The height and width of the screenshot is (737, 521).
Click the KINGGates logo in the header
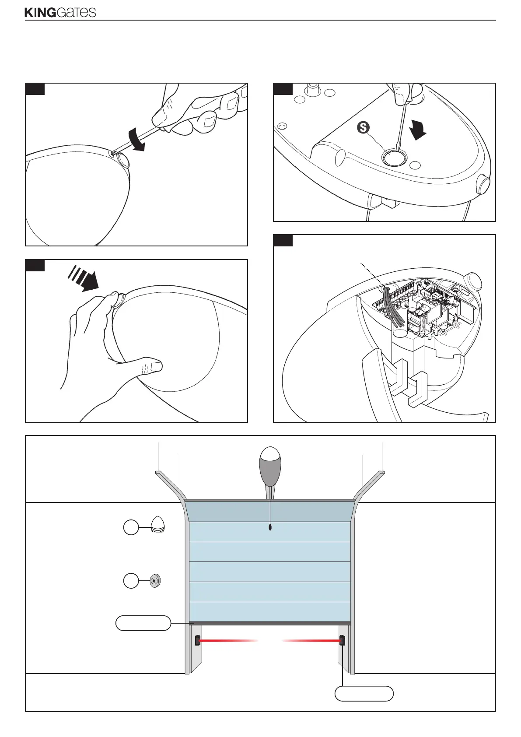60,12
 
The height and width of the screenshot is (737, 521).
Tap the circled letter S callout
363,127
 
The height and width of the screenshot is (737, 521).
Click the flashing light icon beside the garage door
157,524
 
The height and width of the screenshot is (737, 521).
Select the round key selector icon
155,581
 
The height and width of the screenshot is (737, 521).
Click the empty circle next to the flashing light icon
130,528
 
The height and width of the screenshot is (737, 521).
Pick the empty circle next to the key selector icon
130,581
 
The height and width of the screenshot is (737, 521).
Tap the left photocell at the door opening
197,640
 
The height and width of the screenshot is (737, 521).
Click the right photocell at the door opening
342,641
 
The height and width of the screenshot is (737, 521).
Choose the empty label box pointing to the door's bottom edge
143,623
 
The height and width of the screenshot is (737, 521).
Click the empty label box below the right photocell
364,694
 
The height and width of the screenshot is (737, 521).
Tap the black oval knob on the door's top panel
270,527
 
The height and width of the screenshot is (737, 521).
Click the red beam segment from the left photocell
227,640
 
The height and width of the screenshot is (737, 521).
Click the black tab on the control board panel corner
283,240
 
